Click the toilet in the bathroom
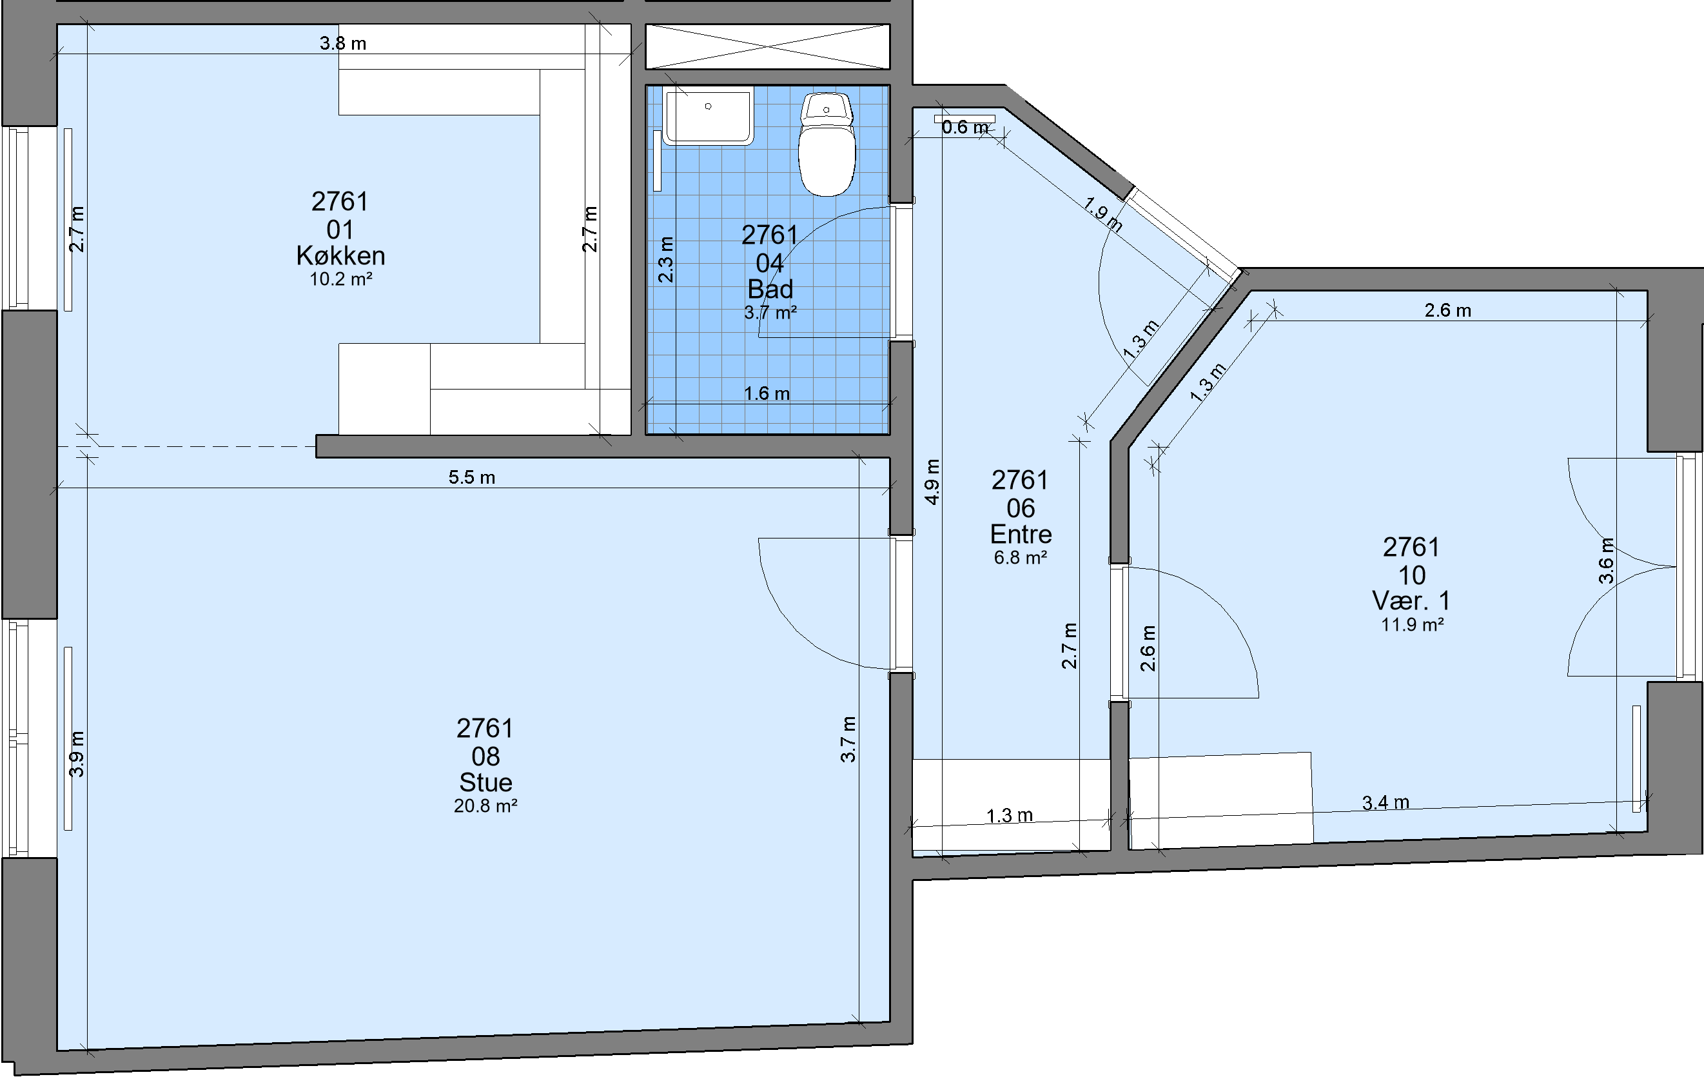coord(827,144)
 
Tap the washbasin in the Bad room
coord(708,117)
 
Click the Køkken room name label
coord(340,255)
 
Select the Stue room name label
coord(485,783)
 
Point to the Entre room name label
coord(1021,534)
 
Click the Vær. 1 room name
coord(1412,601)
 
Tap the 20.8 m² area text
coord(485,806)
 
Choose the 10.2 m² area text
coord(341,279)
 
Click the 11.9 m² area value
coord(1413,625)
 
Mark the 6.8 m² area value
coord(1021,558)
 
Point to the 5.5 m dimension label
coord(472,477)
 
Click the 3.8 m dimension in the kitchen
coord(343,43)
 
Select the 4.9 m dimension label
coord(933,482)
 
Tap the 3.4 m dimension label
coord(1386,802)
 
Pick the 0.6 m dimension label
coord(966,128)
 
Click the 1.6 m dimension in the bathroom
coord(767,393)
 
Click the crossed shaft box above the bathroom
coord(768,46)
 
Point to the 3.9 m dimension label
coord(77,754)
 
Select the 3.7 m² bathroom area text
coord(770,313)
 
